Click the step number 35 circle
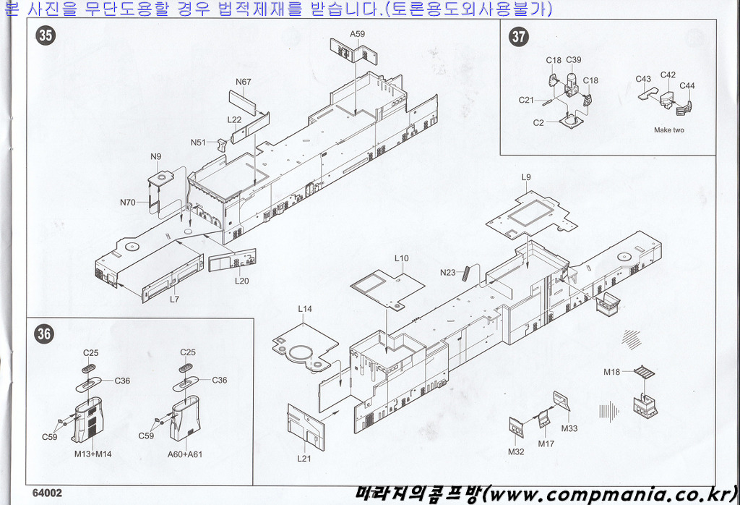pyautogui.click(x=46, y=35)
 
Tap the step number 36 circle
pyautogui.click(x=45, y=334)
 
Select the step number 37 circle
pyautogui.click(x=519, y=37)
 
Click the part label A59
pyautogui.click(x=357, y=34)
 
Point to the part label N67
pyautogui.click(x=243, y=82)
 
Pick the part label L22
pyautogui.click(x=234, y=120)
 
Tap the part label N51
pyautogui.click(x=199, y=143)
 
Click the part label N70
pyautogui.click(x=128, y=203)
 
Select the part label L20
pyautogui.click(x=241, y=281)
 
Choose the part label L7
pyautogui.click(x=174, y=298)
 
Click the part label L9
pyautogui.click(x=525, y=177)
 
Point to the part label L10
pyautogui.click(x=402, y=258)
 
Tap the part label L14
pyautogui.click(x=305, y=309)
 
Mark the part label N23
pyautogui.click(x=448, y=273)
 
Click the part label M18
pyautogui.click(x=611, y=372)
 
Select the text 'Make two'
pyautogui.click(x=668, y=130)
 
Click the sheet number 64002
pyautogui.click(x=47, y=492)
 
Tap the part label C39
pyautogui.click(x=574, y=60)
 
